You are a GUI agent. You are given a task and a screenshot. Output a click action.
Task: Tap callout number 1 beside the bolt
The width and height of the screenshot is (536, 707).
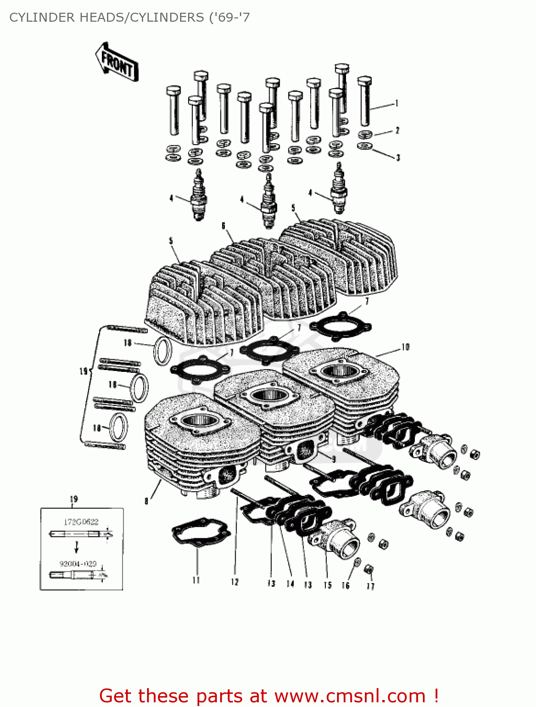(x=397, y=103)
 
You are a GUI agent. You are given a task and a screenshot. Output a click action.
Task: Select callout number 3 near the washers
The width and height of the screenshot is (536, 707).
(x=398, y=158)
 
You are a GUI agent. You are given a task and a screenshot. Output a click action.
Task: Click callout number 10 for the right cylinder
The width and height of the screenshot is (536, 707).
(x=405, y=347)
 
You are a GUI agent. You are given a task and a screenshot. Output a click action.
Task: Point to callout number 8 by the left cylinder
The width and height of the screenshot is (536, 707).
(x=147, y=501)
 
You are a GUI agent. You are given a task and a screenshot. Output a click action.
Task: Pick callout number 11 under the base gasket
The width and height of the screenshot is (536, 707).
(x=196, y=581)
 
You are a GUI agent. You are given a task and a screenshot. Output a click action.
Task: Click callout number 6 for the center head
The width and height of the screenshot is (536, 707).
(x=223, y=226)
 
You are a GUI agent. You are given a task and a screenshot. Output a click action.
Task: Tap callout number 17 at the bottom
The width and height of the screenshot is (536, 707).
(x=371, y=586)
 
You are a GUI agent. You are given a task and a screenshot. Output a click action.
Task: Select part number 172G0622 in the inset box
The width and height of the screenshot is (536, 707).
(x=81, y=522)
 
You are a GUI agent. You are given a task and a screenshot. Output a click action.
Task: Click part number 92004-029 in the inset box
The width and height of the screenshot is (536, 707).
(x=78, y=564)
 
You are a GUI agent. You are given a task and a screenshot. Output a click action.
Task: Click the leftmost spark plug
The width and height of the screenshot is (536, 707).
(x=198, y=196)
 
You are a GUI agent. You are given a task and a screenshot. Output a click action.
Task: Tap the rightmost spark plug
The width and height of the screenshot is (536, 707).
(x=338, y=189)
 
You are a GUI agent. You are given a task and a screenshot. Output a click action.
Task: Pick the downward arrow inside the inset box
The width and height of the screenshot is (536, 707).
(x=76, y=547)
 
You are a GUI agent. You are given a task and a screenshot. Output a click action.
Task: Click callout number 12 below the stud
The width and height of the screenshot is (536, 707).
(x=235, y=582)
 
